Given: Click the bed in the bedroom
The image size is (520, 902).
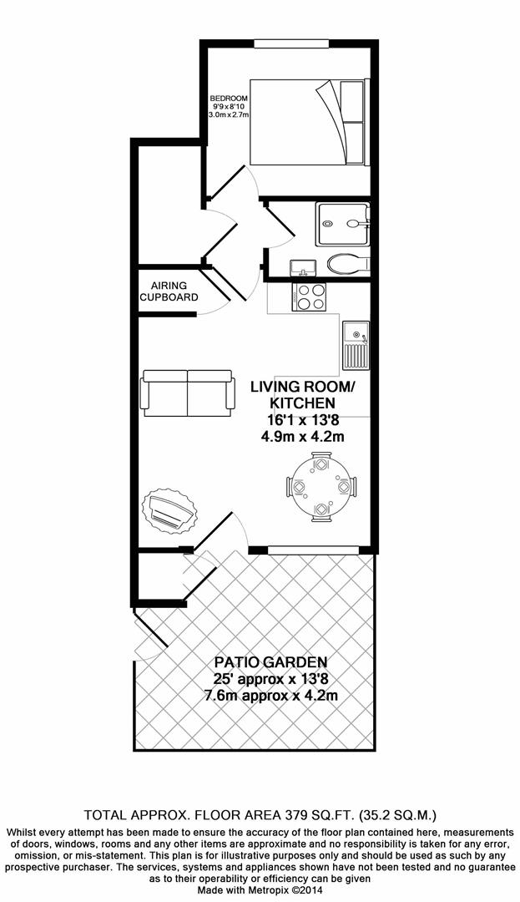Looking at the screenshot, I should (310, 122).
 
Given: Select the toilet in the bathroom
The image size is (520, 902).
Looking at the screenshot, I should (347, 264).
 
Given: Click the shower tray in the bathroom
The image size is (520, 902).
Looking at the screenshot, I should (342, 223).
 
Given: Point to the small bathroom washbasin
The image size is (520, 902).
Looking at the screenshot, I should (301, 268).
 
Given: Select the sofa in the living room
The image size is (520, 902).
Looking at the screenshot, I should (187, 393).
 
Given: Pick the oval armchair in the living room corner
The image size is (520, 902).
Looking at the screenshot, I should (170, 510).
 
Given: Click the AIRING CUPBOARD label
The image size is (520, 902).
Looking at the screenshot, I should (169, 291).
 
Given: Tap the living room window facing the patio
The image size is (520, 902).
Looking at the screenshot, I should (313, 549).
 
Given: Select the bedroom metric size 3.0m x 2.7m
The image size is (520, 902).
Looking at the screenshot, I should (230, 114).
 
